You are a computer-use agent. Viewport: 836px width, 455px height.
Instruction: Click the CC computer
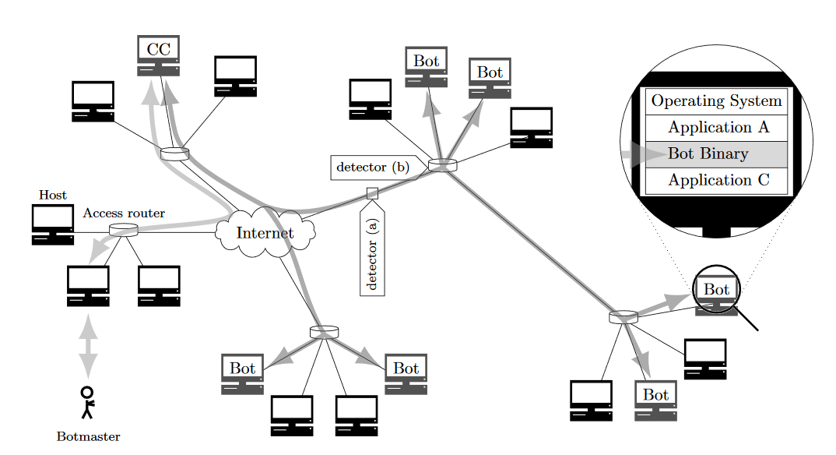tap(159, 55)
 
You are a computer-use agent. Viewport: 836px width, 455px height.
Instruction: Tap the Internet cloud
tap(265, 232)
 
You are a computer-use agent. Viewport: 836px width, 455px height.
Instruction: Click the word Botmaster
tap(89, 436)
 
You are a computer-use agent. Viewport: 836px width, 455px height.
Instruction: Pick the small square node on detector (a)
tap(372, 192)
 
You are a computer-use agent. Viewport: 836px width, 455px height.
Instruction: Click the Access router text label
tap(124, 213)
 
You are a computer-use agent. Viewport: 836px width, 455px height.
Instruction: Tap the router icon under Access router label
tap(123, 230)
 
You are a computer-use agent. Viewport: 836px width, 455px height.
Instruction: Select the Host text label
tap(53, 195)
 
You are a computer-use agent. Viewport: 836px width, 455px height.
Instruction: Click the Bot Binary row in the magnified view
tap(717, 153)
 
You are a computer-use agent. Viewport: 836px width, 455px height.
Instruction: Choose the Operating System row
tap(717, 101)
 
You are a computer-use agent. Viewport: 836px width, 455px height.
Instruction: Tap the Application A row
tap(717, 128)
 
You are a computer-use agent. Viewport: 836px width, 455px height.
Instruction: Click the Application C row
tap(717, 180)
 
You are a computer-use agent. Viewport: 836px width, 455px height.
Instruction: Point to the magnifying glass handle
tap(748, 319)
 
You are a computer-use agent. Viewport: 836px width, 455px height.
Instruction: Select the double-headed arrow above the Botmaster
tap(89, 345)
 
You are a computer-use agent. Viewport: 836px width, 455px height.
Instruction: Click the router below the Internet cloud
tap(325, 332)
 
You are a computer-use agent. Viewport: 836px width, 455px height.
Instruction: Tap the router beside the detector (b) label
tap(442, 165)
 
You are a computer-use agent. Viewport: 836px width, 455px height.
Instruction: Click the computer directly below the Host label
tap(53, 224)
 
